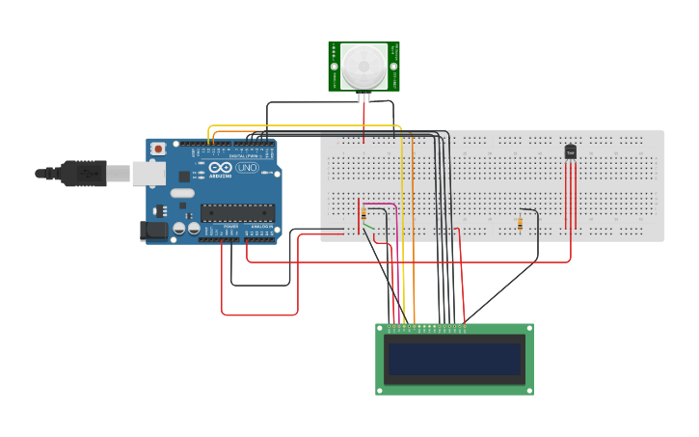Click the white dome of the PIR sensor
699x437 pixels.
pos(363,66)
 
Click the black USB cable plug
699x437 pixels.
pos(83,173)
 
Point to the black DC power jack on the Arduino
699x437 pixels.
pos(153,230)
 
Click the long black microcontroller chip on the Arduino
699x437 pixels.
pos(236,213)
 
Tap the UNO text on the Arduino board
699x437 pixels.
pos(248,168)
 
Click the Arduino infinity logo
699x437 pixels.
pos(220,167)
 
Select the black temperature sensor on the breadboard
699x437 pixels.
pos(570,151)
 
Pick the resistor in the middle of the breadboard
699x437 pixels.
pos(521,224)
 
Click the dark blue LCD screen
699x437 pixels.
pos(454,359)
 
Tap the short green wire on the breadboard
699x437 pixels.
pos(368,228)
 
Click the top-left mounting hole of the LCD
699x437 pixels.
pos(381,329)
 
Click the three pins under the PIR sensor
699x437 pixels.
pos(363,96)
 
